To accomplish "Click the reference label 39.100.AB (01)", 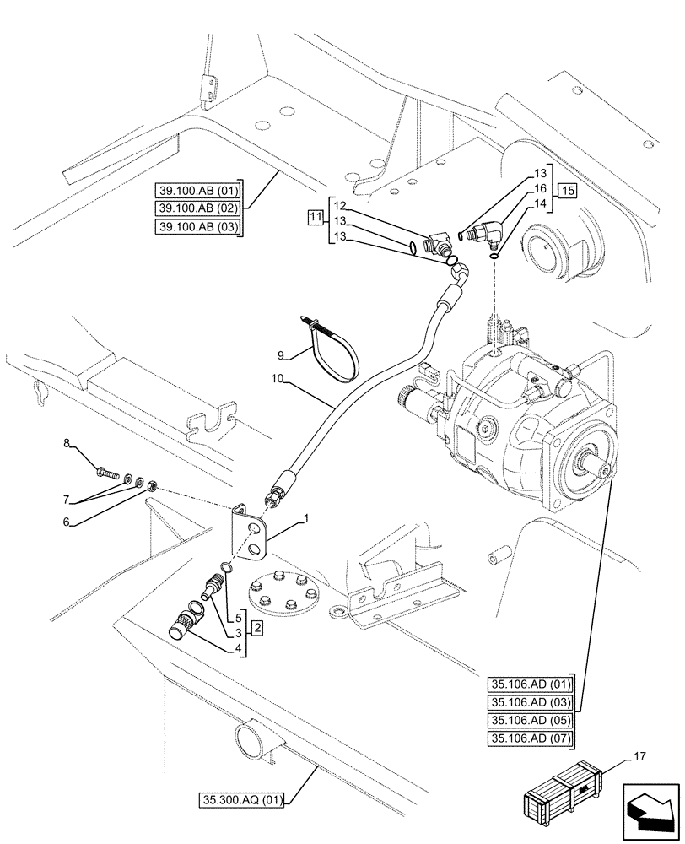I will pyautogui.click(x=198, y=189).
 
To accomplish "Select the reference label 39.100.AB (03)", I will pyautogui.click(x=198, y=226).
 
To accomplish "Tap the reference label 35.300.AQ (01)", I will pyautogui.click(x=242, y=798).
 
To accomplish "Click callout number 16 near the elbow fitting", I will pyautogui.click(x=541, y=190).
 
